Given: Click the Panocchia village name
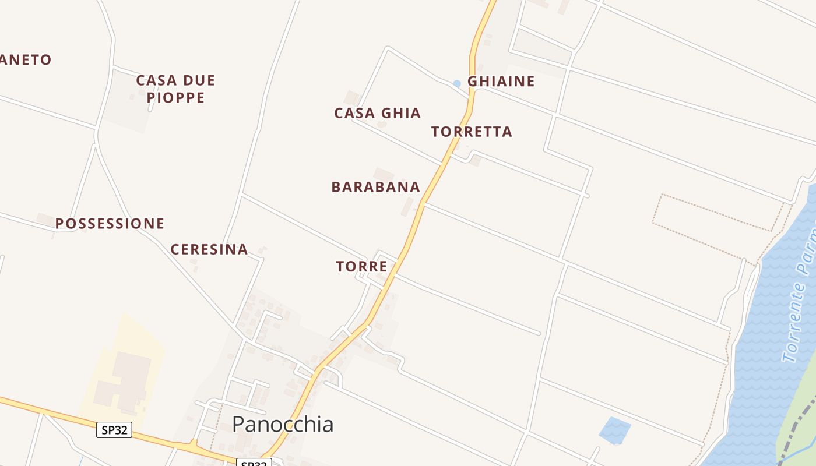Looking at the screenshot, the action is [283, 424].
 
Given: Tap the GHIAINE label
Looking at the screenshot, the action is [501, 82].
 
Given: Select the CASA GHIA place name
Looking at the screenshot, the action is [377, 113].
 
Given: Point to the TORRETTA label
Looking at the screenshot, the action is [472, 132].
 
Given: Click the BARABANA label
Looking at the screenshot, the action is [375, 187].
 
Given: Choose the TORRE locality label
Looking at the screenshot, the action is [361, 267].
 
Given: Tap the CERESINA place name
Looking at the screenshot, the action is [209, 250].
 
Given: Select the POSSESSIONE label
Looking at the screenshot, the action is [110, 224].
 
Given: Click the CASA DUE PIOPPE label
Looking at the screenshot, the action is [175, 89].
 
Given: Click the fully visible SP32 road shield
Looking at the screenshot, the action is [114, 430].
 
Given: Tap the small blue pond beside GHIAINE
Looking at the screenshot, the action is [457, 84].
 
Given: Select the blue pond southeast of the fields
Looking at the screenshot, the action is [614, 430].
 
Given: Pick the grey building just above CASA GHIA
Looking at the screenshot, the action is [351, 97].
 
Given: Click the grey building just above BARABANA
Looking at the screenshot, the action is [383, 174].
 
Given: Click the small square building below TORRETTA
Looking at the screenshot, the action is [476, 160].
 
